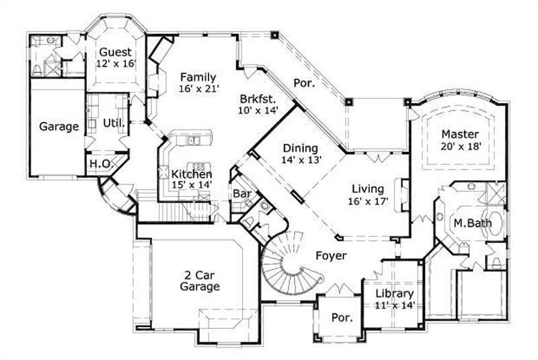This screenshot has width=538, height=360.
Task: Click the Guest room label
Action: pyautogui.click(x=116, y=52)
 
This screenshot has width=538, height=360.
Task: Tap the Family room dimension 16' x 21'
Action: pyautogui.click(x=199, y=89)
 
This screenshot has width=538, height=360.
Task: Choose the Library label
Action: pyautogui.click(x=394, y=293)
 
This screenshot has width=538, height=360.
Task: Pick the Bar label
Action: pyautogui.click(x=241, y=194)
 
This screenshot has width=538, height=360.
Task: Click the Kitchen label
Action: pyautogui.click(x=191, y=174)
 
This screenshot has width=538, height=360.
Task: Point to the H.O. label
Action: pyautogui.click(x=98, y=164)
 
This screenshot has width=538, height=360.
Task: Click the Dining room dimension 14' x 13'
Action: pyautogui.click(x=301, y=160)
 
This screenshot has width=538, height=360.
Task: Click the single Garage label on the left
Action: pyautogui.click(x=59, y=126)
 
